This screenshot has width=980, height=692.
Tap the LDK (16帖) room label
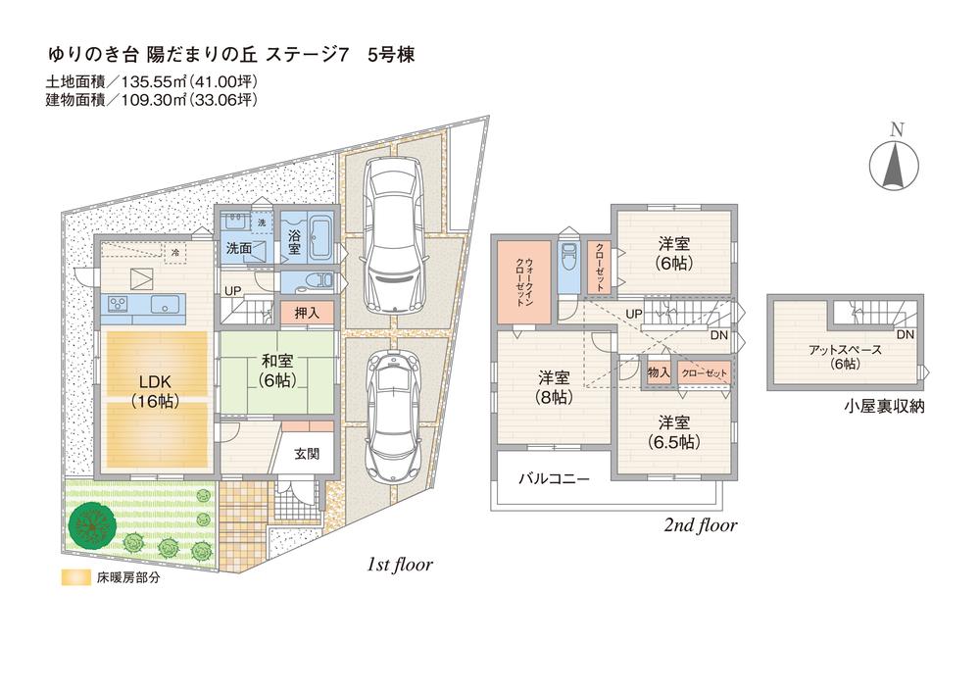click(x=155, y=389)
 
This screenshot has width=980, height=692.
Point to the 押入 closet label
click(x=307, y=313)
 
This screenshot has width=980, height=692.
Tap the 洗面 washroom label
click(x=239, y=249)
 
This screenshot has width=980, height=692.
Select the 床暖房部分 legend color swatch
click(x=71, y=577)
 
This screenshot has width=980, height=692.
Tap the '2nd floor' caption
click(x=700, y=525)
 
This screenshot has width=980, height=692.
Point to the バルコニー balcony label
click(x=554, y=479)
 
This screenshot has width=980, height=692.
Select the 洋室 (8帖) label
click(x=555, y=387)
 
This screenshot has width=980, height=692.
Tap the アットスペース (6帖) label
click(x=845, y=356)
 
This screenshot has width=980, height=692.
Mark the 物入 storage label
click(x=658, y=373)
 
